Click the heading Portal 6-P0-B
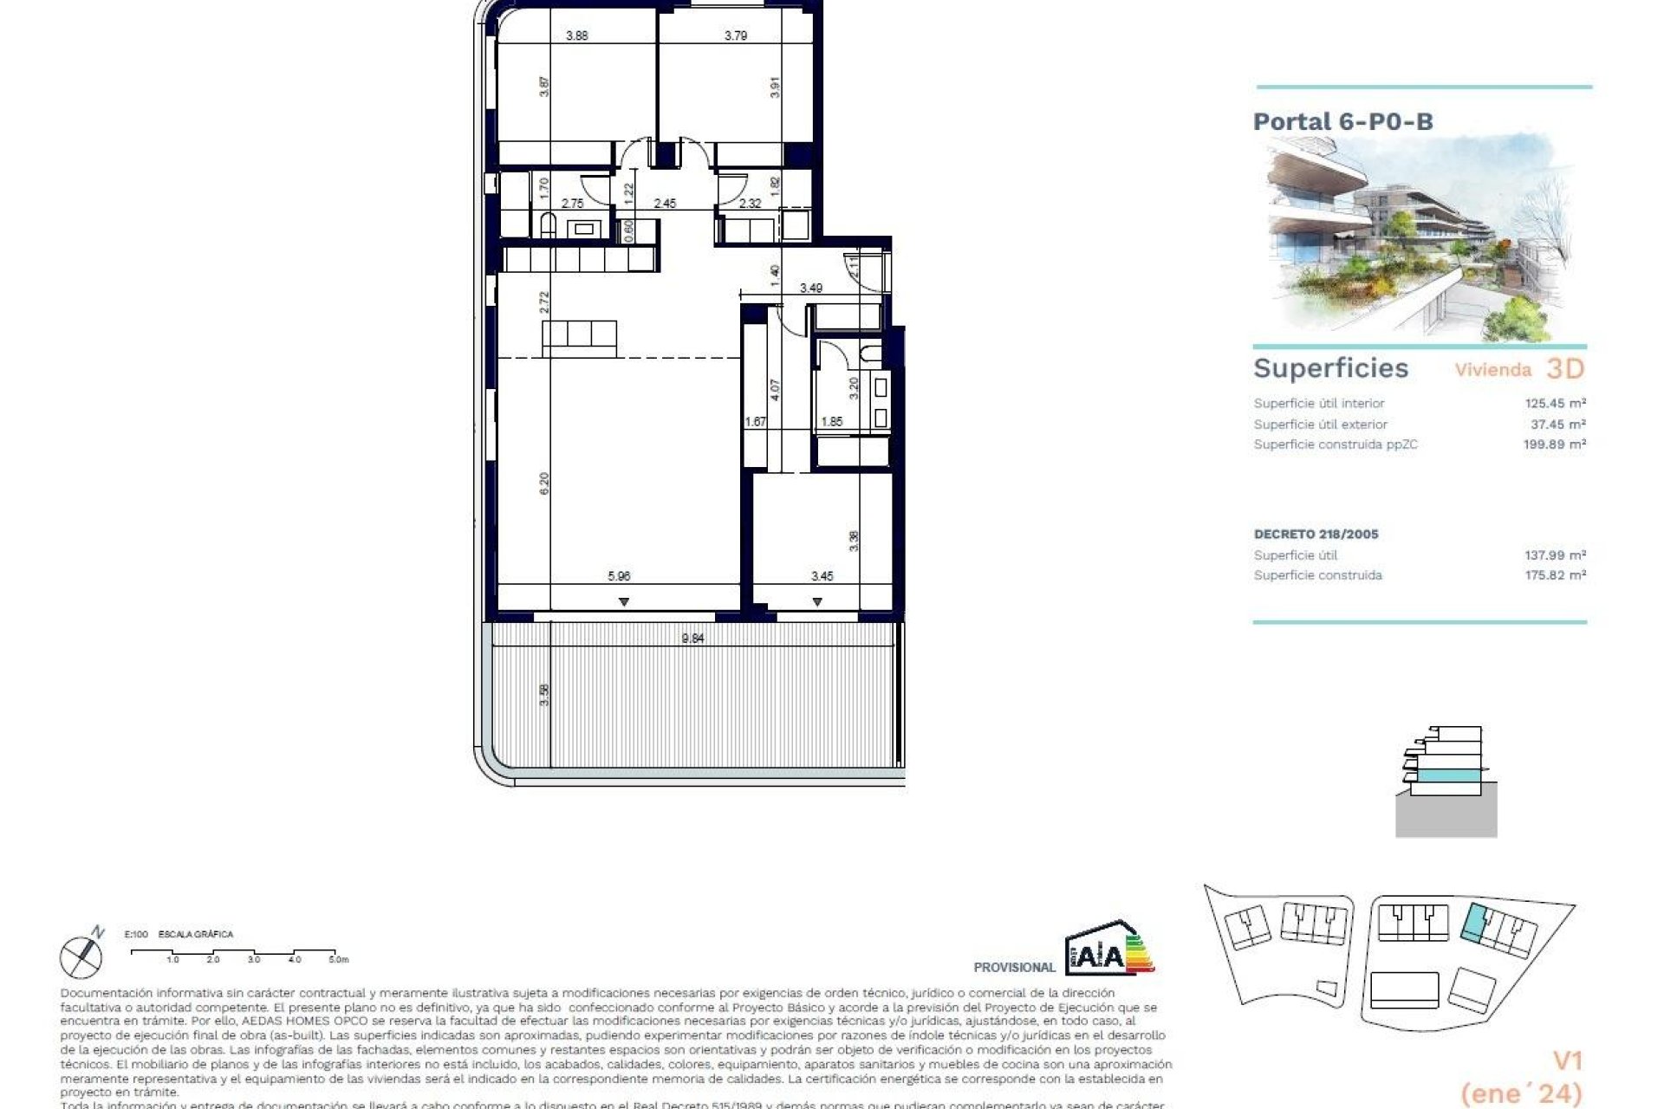[1342, 121]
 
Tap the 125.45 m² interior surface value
[1555, 403]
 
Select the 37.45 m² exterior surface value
[1558, 424]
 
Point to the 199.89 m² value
[1555, 444]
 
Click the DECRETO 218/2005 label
[1316, 534]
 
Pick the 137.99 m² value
[1555, 554]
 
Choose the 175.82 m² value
[1555, 575]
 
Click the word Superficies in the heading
[1330, 368]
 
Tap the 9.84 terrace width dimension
[692, 639]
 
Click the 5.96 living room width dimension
[619, 575]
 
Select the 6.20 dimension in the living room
[544, 483]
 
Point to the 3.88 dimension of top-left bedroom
[576, 36]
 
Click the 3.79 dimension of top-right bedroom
[736, 36]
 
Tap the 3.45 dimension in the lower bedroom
[822, 575]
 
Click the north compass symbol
[81, 955]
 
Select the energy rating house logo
[1109, 948]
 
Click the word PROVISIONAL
[1014, 968]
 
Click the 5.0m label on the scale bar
[338, 960]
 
